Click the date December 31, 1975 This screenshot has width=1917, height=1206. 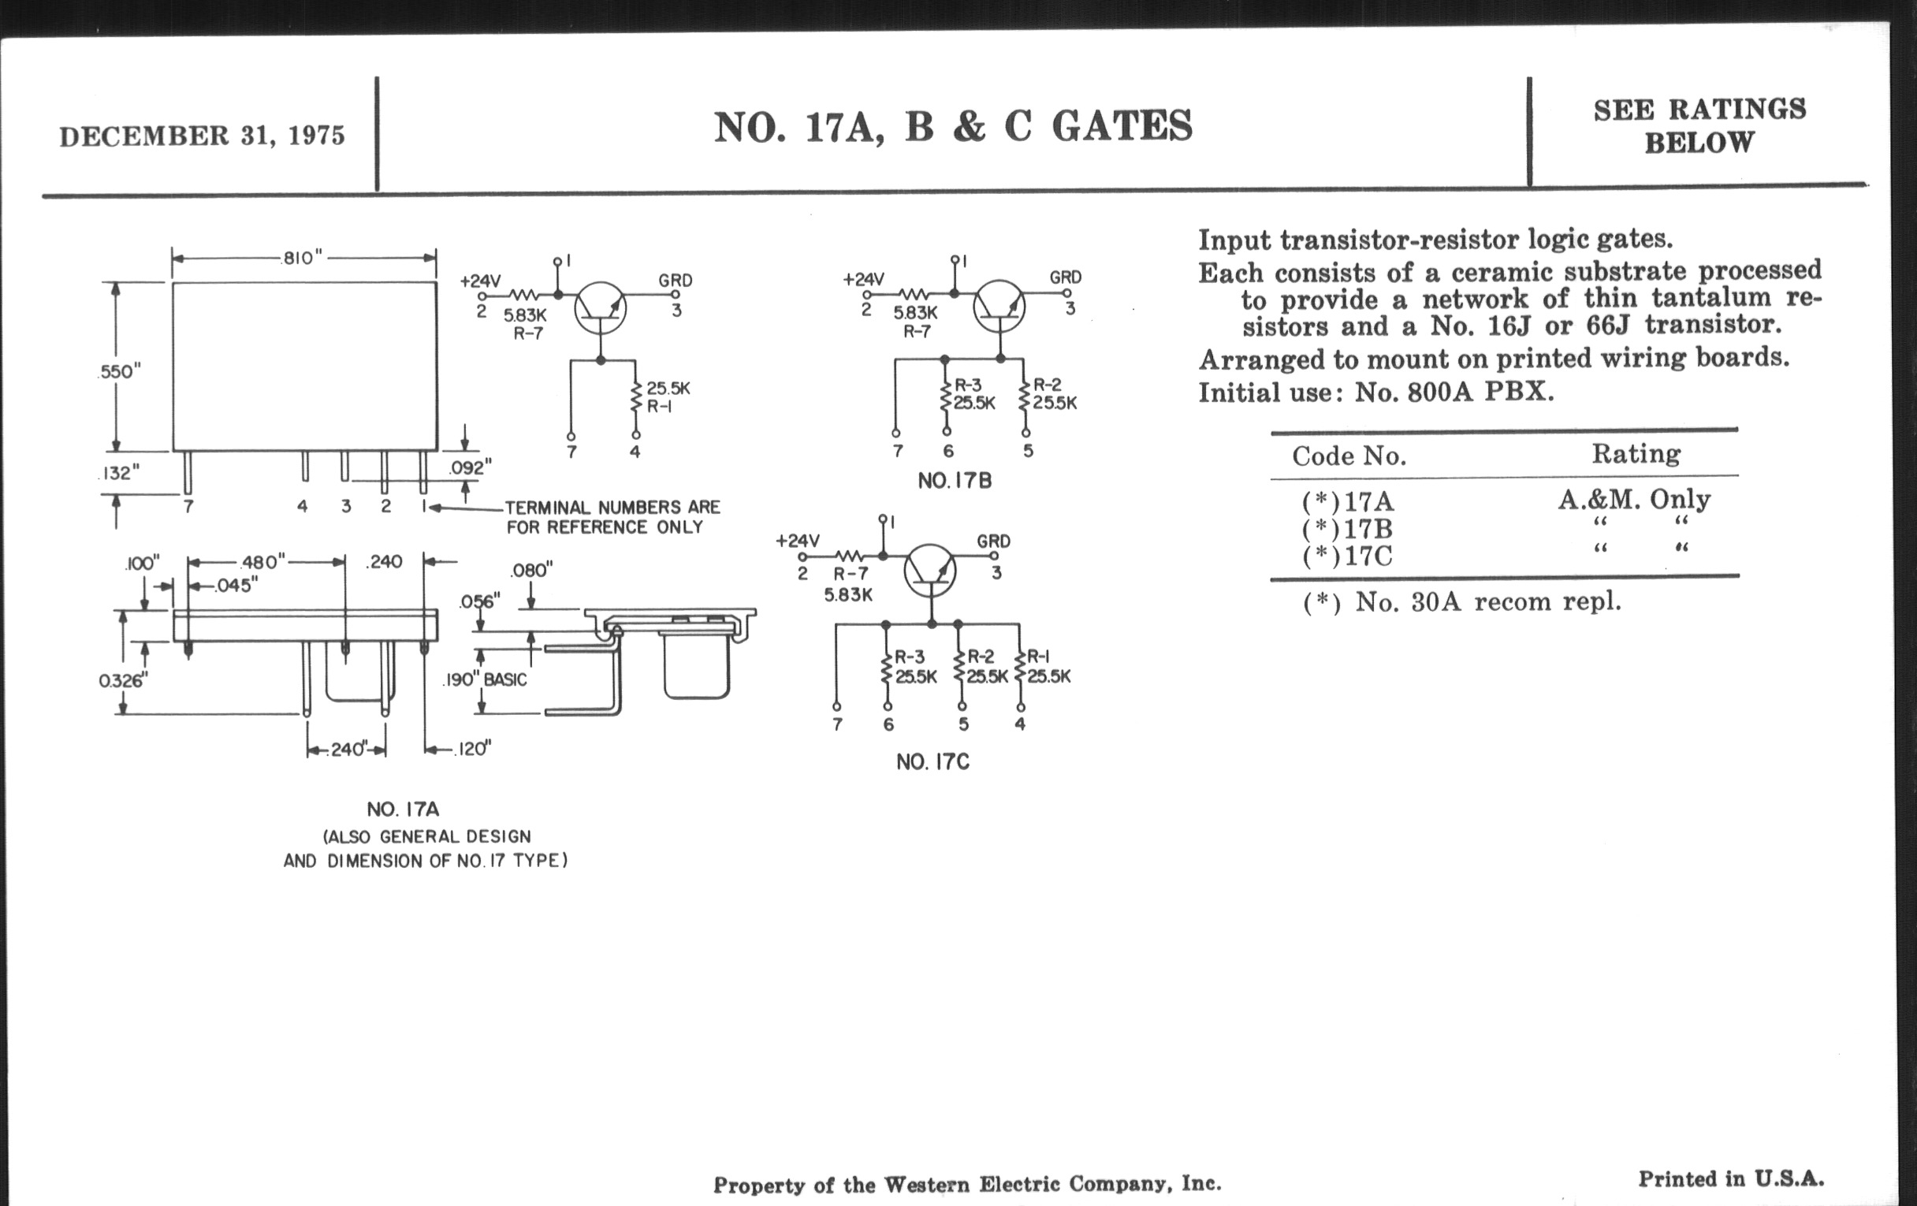coord(203,136)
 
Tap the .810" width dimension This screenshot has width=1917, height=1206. coord(303,258)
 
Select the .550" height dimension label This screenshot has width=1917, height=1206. coord(119,372)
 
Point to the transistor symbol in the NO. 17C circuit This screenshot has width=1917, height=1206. coord(929,570)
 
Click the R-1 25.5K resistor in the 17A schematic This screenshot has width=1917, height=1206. coord(637,397)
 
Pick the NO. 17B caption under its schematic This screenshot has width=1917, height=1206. coord(955,481)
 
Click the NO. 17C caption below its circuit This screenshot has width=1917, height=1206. coord(932,761)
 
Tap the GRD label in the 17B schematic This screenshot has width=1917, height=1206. coord(1065,277)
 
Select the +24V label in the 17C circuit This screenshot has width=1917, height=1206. coord(797,542)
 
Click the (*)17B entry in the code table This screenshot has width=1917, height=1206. coord(1347,529)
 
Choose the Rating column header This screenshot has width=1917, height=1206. coord(1636,454)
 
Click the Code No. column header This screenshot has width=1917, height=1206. coord(1349,456)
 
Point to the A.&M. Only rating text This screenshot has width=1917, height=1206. coord(1634,500)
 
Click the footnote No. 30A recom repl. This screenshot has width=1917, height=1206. coord(1461,601)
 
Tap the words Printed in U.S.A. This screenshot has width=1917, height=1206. coord(1731,1179)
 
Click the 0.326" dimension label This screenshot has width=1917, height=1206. coord(123,680)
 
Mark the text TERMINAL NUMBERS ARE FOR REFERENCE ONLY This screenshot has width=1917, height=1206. coord(612,517)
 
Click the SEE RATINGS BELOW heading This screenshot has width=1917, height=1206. coord(1699,126)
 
